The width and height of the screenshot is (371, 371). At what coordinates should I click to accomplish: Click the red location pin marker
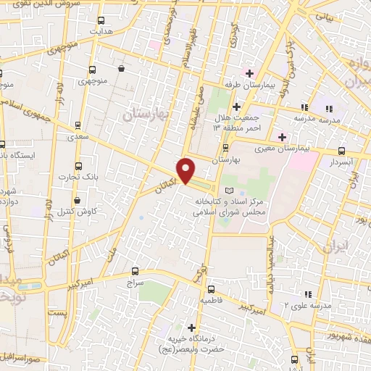tap(186, 170)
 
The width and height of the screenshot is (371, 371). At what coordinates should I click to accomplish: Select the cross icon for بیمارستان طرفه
tap(249, 73)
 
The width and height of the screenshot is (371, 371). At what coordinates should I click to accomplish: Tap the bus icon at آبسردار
tap(341, 151)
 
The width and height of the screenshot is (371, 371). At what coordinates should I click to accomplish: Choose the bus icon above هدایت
tap(101, 21)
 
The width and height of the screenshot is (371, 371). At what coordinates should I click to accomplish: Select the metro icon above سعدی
tap(79, 124)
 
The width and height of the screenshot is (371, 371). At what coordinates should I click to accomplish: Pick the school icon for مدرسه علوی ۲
tap(307, 294)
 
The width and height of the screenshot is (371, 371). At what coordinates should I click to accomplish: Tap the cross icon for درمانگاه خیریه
tap(191, 327)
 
